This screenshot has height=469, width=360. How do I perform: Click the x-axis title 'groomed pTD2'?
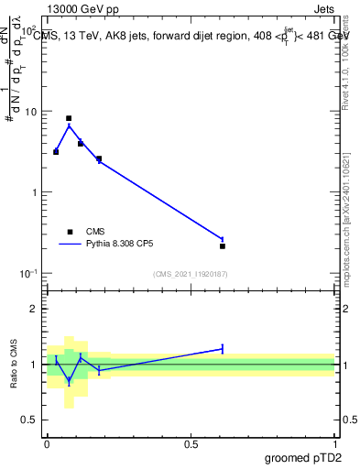click(x=305, y=456)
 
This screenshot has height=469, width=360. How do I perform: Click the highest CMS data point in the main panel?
click(x=69, y=118)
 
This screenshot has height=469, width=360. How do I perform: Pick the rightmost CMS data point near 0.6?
click(x=223, y=245)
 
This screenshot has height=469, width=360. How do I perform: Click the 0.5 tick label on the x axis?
click(x=191, y=443)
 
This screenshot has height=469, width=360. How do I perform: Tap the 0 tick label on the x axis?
click(x=47, y=443)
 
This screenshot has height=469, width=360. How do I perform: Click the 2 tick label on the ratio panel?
click(x=35, y=309)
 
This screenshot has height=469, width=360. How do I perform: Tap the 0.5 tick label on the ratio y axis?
click(x=30, y=420)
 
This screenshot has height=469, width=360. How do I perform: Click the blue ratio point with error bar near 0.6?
click(x=223, y=348)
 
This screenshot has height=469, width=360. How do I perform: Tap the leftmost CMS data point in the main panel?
click(x=56, y=151)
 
